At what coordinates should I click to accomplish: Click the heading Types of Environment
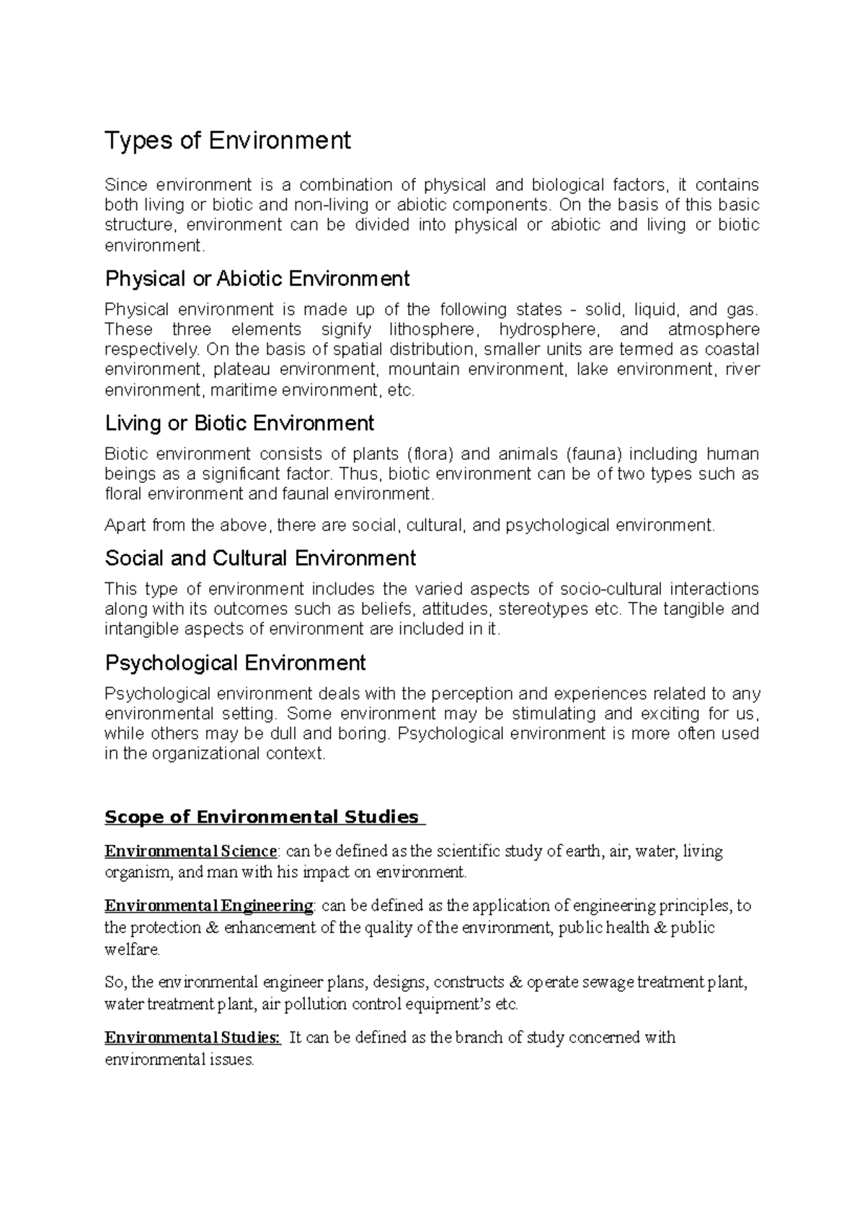click(228, 140)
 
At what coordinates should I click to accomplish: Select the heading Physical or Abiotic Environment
click(257, 278)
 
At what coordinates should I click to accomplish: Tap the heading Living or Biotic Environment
click(239, 422)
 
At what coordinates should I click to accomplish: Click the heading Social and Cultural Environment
click(260, 558)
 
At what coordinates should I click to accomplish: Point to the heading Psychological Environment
click(235, 662)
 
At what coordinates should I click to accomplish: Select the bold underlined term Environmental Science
click(190, 851)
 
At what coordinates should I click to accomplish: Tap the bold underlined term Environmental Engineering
click(209, 905)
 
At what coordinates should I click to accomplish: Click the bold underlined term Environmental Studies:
click(192, 1038)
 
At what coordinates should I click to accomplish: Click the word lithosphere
click(432, 330)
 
